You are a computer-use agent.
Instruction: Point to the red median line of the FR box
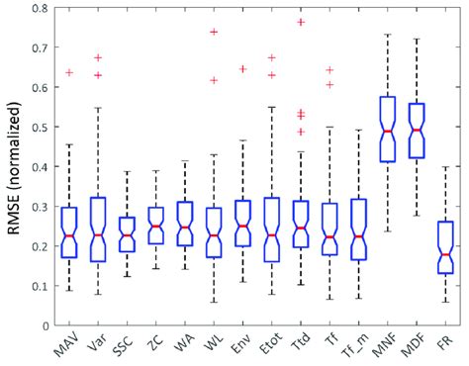tap(445, 254)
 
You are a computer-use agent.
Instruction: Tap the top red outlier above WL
tap(213, 32)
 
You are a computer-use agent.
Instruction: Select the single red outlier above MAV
tap(69, 72)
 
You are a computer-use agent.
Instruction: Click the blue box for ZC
tap(155, 227)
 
